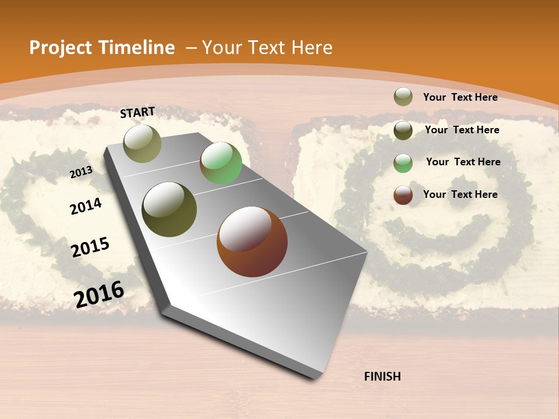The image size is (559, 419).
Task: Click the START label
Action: tap(137, 112)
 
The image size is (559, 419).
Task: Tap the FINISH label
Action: tap(382, 377)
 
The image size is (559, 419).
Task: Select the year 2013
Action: tap(81, 172)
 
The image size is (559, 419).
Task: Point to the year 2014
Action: tap(86, 206)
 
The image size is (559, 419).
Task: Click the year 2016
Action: tap(99, 294)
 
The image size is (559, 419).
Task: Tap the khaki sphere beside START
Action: tap(143, 143)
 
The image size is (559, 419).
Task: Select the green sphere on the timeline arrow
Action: tap(221, 163)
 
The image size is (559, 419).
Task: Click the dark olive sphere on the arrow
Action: tap(169, 210)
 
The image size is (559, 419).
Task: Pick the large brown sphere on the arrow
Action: tap(252, 242)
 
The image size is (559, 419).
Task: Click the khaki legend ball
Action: tap(403, 97)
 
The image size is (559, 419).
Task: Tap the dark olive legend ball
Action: tap(403, 130)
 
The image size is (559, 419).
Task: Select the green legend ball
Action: tap(403, 163)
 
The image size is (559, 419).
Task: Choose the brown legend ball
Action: tap(403, 195)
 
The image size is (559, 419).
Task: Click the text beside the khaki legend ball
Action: tap(460, 97)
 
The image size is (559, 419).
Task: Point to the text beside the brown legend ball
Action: tap(460, 194)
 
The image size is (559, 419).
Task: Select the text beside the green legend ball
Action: tap(463, 162)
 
